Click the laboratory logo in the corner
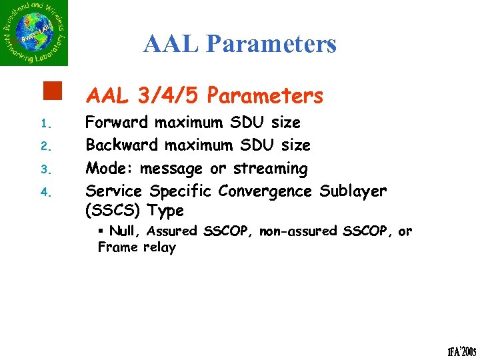click(x=34, y=33)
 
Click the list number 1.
click(x=45, y=124)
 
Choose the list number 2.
click(x=45, y=146)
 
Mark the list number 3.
click(x=45, y=169)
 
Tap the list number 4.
click(x=45, y=193)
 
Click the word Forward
click(x=117, y=123)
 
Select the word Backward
click(x=122, y=145)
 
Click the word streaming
click(x=270, y=169)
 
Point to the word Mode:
click(x=109, y=168)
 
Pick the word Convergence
click(x=265, y=191)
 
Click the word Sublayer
click(x=353, y=191)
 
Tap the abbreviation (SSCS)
click(x=113, y=211)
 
